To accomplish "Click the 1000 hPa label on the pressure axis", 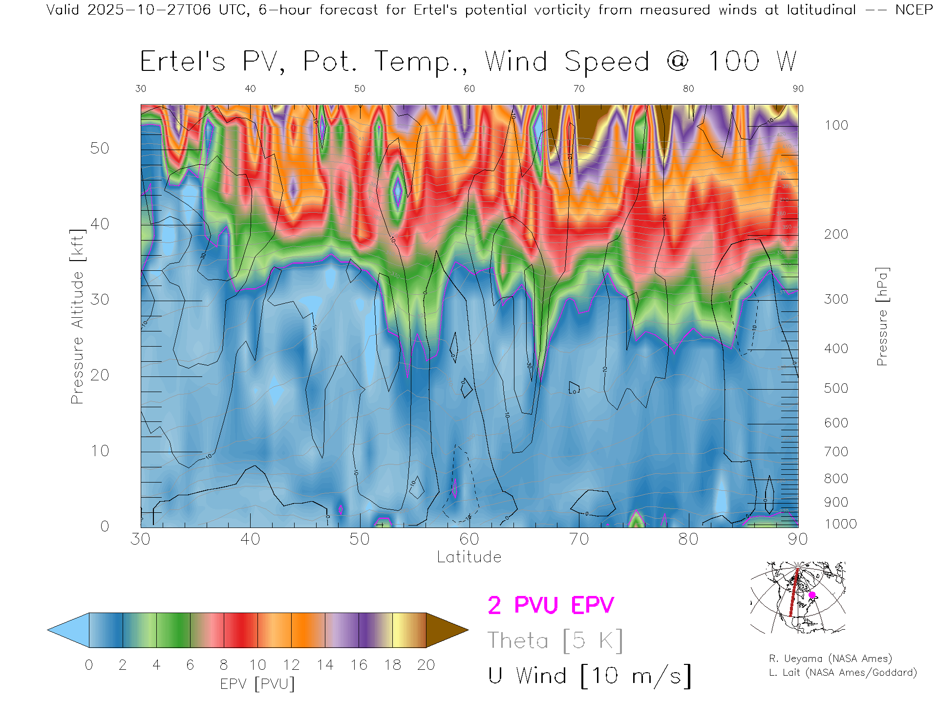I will click(x=840, y=524).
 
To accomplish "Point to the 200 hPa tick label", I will click(x=836, y=234).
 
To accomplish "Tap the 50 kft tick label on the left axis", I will click(x=99, y=148).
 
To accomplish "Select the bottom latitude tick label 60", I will click(x=469, y=539).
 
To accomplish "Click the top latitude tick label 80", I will click(x=688, y=88).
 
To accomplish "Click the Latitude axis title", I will click(x=469, y=557).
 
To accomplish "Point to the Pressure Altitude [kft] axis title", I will click(x=77, y=316).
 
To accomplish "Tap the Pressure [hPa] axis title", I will click(x=882, y=316).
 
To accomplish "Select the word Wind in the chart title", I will click(x=516, y=62).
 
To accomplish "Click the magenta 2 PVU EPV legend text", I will click(x=551, y=605).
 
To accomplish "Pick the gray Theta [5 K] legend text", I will click(x=555, y=640).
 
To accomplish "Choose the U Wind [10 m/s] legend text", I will click(x=589, y=676).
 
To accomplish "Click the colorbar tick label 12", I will click(x=291, y=665).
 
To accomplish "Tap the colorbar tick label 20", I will click(x=426, y=665).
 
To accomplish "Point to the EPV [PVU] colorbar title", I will click(x=257, y=684).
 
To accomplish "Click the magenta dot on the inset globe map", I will click(x=812, y=595).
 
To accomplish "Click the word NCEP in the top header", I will click(x=914, y=10).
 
